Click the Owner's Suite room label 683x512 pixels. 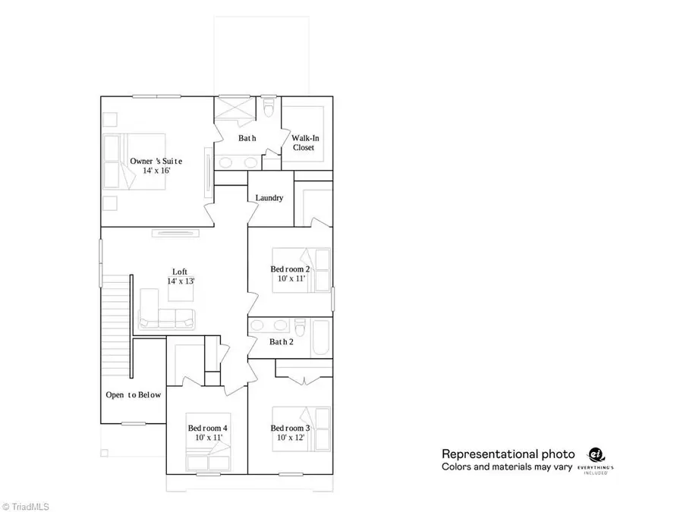pyautogui.click(x=156, y=161)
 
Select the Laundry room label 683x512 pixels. pyautogui.click(x=269, y=198)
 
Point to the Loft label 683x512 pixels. pyautogui.click(x=180, y=271)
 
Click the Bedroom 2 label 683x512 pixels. pyautogui.click(x=290, y=269)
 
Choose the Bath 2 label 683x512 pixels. pyautogui.click(x=281, y=342)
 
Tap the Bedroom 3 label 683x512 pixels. pyautogui.click(x=290, y=428)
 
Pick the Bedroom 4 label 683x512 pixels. pyautogui.click(x=207, y=428)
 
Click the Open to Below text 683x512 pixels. pyautogui.click(x=133, y=394)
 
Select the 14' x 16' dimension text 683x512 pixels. pyautogui.click(x=156, y=171)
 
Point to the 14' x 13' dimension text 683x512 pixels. pyautogui.click(x=181, y=281)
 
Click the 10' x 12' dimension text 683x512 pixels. pyautogui.click(x=290, y=438)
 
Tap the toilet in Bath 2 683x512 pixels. pyautogui.click(x=301, y=330)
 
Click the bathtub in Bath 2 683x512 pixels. pyautogui.click(x=320, y=333)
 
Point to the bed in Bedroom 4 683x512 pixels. pyautogui.click(x=208, y=457)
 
